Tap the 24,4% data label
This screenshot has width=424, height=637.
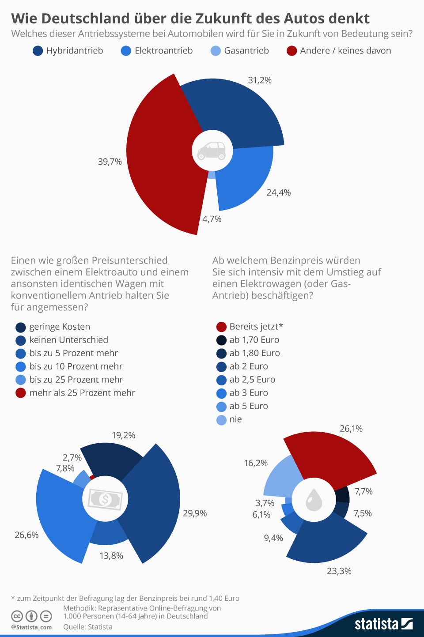(279, 192)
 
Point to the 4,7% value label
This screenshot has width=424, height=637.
(212, 219)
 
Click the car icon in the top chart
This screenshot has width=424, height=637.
(212, 151)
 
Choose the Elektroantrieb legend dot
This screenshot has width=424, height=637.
(126, 51)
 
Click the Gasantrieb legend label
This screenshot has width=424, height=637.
(246, 51)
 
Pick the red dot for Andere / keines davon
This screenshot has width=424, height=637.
(291, 51)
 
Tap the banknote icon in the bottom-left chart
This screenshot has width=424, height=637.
(105, 499)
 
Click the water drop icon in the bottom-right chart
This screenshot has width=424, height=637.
(314, 500)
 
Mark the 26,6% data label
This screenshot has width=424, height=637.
(26, 535)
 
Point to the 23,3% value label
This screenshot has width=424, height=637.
(339, 571)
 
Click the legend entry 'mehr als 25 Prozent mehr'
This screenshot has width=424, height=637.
(82, 393)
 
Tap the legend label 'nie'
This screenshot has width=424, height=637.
(235, 419)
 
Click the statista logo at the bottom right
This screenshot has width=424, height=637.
(383, 624)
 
